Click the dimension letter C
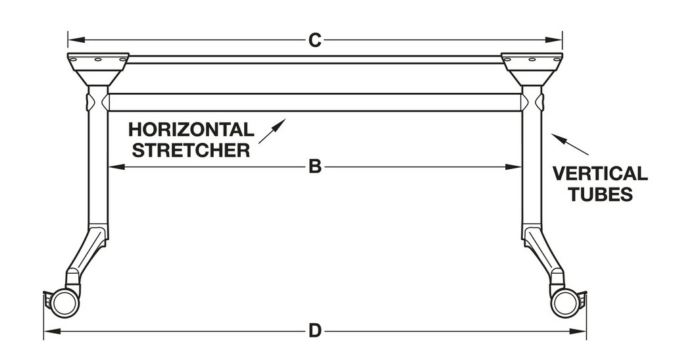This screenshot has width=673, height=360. pyautogui.click(x=314, y=40)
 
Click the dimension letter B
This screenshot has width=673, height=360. pyautogui.click(x=314, y=167)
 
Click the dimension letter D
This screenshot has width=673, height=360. pyautogui.click(x=314, y=330)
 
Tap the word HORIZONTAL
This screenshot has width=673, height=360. pyautogui.click(x=191, y=129)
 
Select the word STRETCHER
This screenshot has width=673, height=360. pyautogui.click(x=191, y=150)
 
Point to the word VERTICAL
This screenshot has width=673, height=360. pyautogui.click(x=599, y=174)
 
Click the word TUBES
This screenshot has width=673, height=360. pyautogui.click(x=599, y=195)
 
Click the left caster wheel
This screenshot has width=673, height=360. pyautogui.click(x=64, y=303)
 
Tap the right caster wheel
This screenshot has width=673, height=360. pyautogui.click(x=564, y=303)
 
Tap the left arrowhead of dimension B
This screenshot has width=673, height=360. pyautogui.click(x=113, y=167)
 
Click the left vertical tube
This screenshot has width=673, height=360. pyautogui.click(x=98, y=165)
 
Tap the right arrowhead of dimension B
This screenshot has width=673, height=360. pyautogui.click(x=517, y=167)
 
